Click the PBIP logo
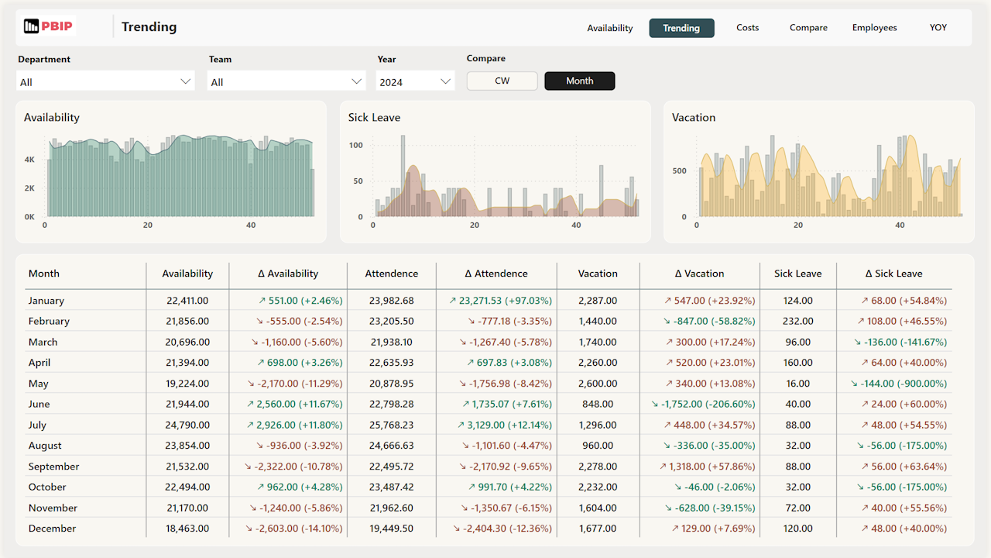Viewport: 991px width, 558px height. (x=48, y=26)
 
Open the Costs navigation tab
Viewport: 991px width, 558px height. (x=747, y=28)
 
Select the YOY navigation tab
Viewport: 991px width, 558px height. (x=938, y=28)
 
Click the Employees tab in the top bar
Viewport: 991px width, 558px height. (x=874, y=28)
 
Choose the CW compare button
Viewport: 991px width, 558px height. (x=502, y=81)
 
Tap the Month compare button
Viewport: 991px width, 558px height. (x=579, y=81)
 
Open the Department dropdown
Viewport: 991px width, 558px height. (x=105, y=81)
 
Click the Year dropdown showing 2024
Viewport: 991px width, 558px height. (x=415, y=81)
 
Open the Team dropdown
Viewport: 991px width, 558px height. (x=286, y=81)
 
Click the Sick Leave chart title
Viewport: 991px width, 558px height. (x=374, y=118)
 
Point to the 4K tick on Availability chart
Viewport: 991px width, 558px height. (x=29, y=160)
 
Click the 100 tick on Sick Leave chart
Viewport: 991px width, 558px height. (x=355, y=145)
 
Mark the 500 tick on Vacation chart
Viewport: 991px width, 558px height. (x=679, y=170)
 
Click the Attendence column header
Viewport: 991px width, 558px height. (x=391, y=274)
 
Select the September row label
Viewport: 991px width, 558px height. (x=53, y=467)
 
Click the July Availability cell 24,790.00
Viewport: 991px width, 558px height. (x=187, y=425)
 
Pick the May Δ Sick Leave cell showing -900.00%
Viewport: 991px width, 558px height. (x=898, y=384)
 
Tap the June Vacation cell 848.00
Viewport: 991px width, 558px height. (x=598, y=404)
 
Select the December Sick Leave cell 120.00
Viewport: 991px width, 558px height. (x=797, y=529)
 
